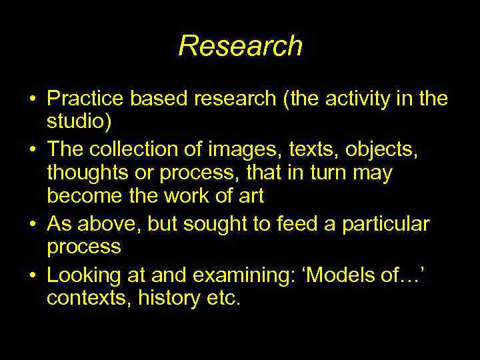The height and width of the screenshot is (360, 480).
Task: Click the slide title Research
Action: coord(240,46)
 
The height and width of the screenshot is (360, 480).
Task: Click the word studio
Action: coord(73,123)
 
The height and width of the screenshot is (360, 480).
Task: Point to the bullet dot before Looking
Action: coord(31,275)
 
